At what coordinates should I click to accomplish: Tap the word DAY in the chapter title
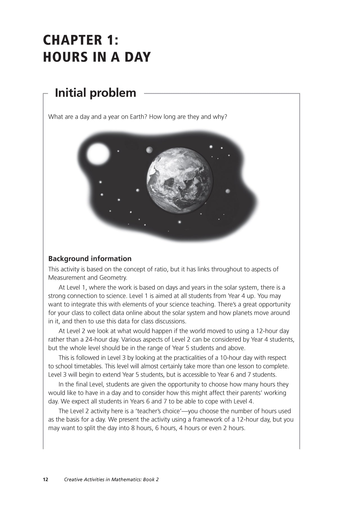138,57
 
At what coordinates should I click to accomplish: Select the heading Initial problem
95,93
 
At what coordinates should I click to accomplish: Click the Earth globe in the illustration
179,180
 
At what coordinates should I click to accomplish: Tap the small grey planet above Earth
149,150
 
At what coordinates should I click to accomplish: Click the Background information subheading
90,259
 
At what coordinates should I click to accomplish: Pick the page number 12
46,479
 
